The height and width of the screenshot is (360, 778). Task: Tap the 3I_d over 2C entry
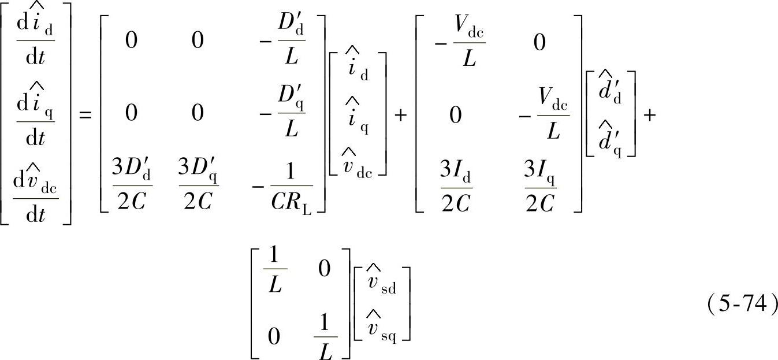(456, 187)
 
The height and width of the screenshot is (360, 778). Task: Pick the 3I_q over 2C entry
(540, 187)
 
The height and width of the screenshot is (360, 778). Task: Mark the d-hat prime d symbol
(611, 92)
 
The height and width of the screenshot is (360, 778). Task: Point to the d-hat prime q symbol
(611, 138)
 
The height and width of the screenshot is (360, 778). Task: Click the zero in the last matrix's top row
(325, 268)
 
